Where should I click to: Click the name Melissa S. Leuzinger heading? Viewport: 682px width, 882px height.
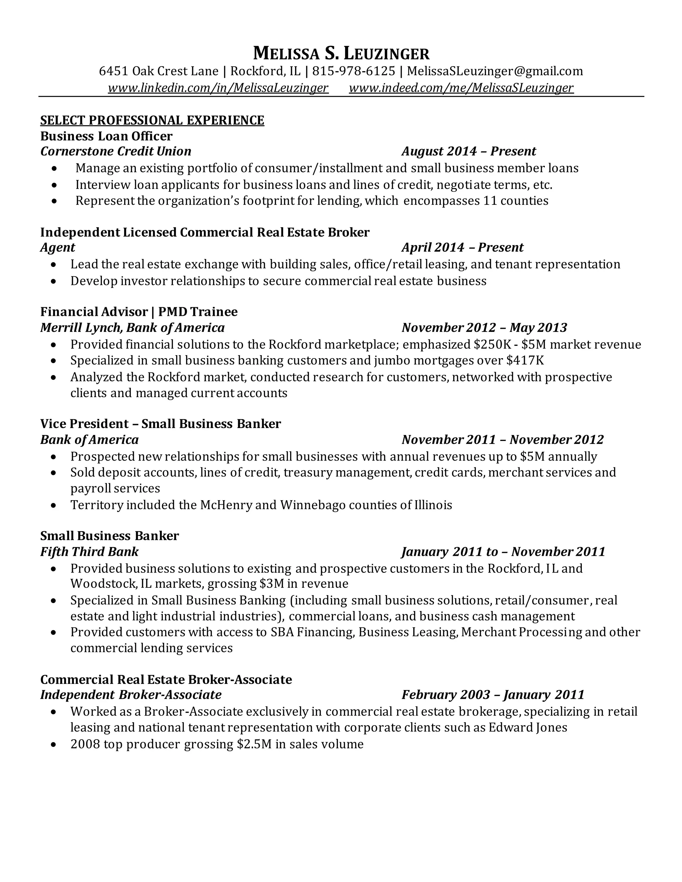[x=341, y=54]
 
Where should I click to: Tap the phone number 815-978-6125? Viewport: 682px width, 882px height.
[x=354, y=71]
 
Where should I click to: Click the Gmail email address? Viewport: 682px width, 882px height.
[x=495, y=71]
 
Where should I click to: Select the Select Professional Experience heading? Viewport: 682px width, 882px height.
[x=152, y=120]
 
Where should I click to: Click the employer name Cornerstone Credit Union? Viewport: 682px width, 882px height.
[x=116, y=151]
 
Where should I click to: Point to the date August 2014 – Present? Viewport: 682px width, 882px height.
[x=469, y=151]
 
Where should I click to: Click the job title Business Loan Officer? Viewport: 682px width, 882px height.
[x=106, y=136]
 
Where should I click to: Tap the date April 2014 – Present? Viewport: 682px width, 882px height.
[x=462, y=248]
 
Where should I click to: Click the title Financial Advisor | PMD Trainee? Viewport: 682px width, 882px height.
[x=139, y=312]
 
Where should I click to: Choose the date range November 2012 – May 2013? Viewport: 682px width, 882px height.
[x=485, y=328]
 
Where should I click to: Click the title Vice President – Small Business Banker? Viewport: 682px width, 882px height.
[x=161, y=424]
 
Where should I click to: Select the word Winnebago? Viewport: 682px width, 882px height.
[x=312, y=505]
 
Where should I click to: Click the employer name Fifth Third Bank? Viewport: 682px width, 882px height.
[x=89, y=551]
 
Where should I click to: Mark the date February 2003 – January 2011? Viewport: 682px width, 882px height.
[x=493, y=695]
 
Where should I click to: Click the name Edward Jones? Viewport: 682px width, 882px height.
[x=528, y=727]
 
